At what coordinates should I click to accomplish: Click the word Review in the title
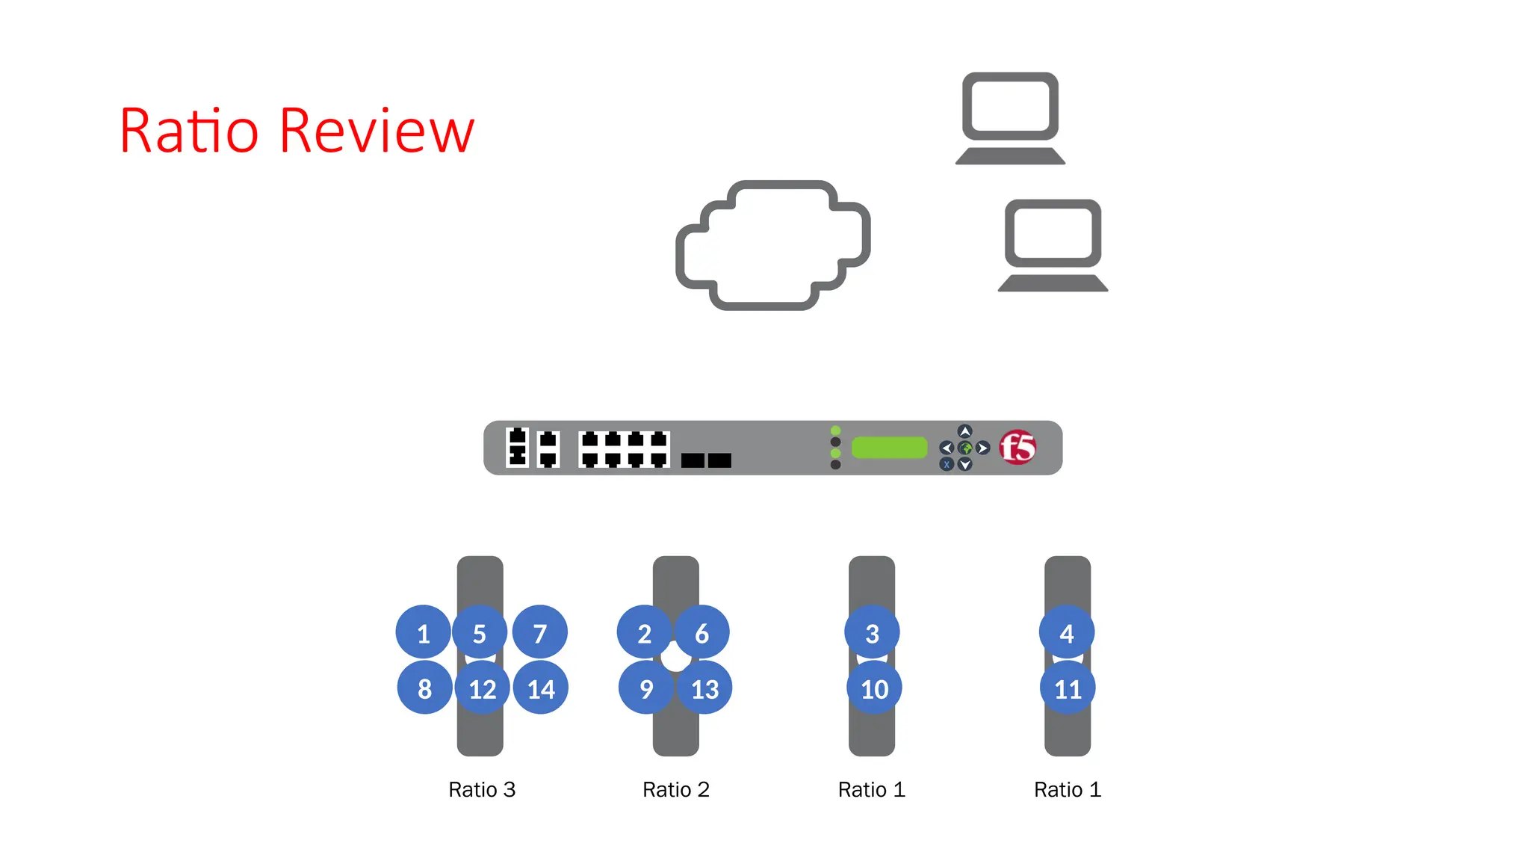pyautogui.click(x=377, y=132)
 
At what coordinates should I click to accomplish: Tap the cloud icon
pyautogui.click(x=772, y=245)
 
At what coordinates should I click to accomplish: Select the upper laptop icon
pyautogui.click(x=1010, y=118)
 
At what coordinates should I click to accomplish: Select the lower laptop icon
pyautogui.click(x=1053, y=245)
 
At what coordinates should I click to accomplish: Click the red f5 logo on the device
pyautogui.click(x=1018, y=448)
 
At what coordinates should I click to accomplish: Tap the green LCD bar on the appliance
pyautogui.click(x=889, y=448)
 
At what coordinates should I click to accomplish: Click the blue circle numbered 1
pyautogui.click(x=423, y=632)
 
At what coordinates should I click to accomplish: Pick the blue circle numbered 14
pyautogui.click(x=541, y=688)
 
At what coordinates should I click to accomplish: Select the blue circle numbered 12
pyautogui.click(x=482, y=688)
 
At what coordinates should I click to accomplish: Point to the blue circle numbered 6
pyautogui.click(x=702, y=632)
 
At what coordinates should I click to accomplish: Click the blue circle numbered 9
pyautogui.click(x=646, y=688)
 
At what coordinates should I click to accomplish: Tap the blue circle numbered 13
pyautogui.click(x=704, y=688)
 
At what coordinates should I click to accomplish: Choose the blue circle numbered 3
pyautogui.click(x=872, y=632)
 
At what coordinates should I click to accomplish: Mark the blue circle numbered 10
pyautogui.click(x=874, y=688)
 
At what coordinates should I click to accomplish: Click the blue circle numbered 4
pyautogui.click(x=1067, y=632)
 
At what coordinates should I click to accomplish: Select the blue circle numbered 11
pyautogui.click(x=1068, y=688)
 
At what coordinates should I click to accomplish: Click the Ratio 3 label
pyautogui.click(x=482, y=789)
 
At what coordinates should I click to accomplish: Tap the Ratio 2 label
pyautogui.click(x=676, y=789)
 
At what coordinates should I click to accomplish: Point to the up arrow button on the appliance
pyautogui.click(x=965, y=431)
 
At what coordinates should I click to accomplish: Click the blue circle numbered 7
pyautogui.click(x=540, y=632)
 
